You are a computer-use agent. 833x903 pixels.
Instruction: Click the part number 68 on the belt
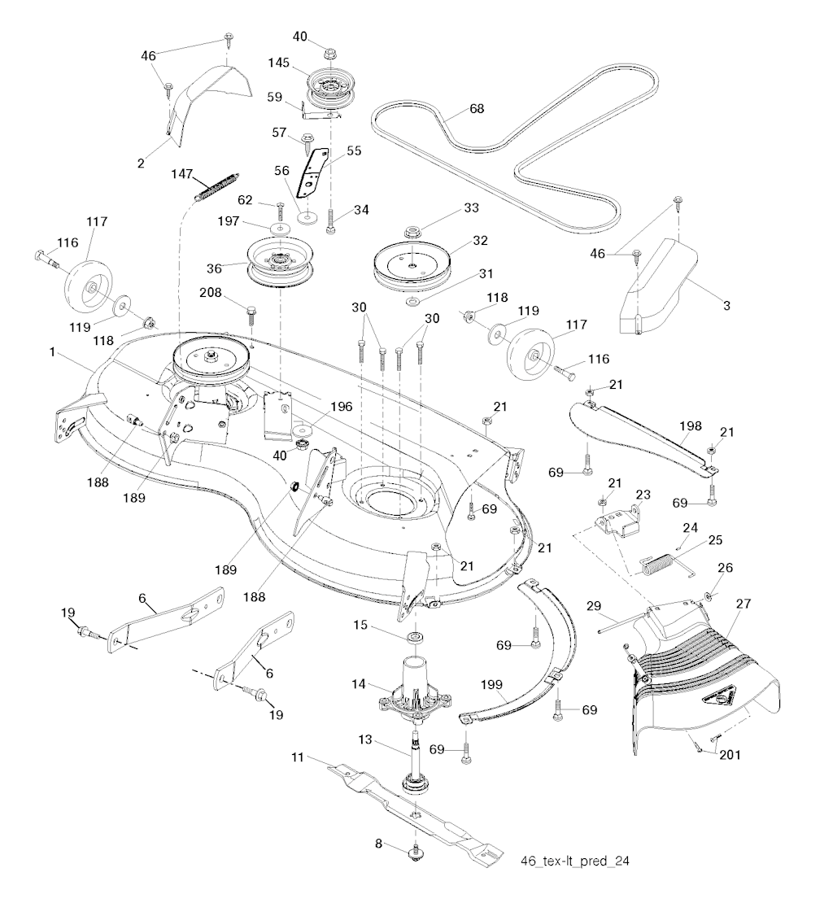(477, 108)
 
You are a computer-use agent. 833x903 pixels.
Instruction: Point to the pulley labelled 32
(411, 265)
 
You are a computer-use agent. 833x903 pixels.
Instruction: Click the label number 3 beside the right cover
(726, 306)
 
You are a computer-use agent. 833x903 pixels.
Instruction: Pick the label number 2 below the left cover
(141, 163)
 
